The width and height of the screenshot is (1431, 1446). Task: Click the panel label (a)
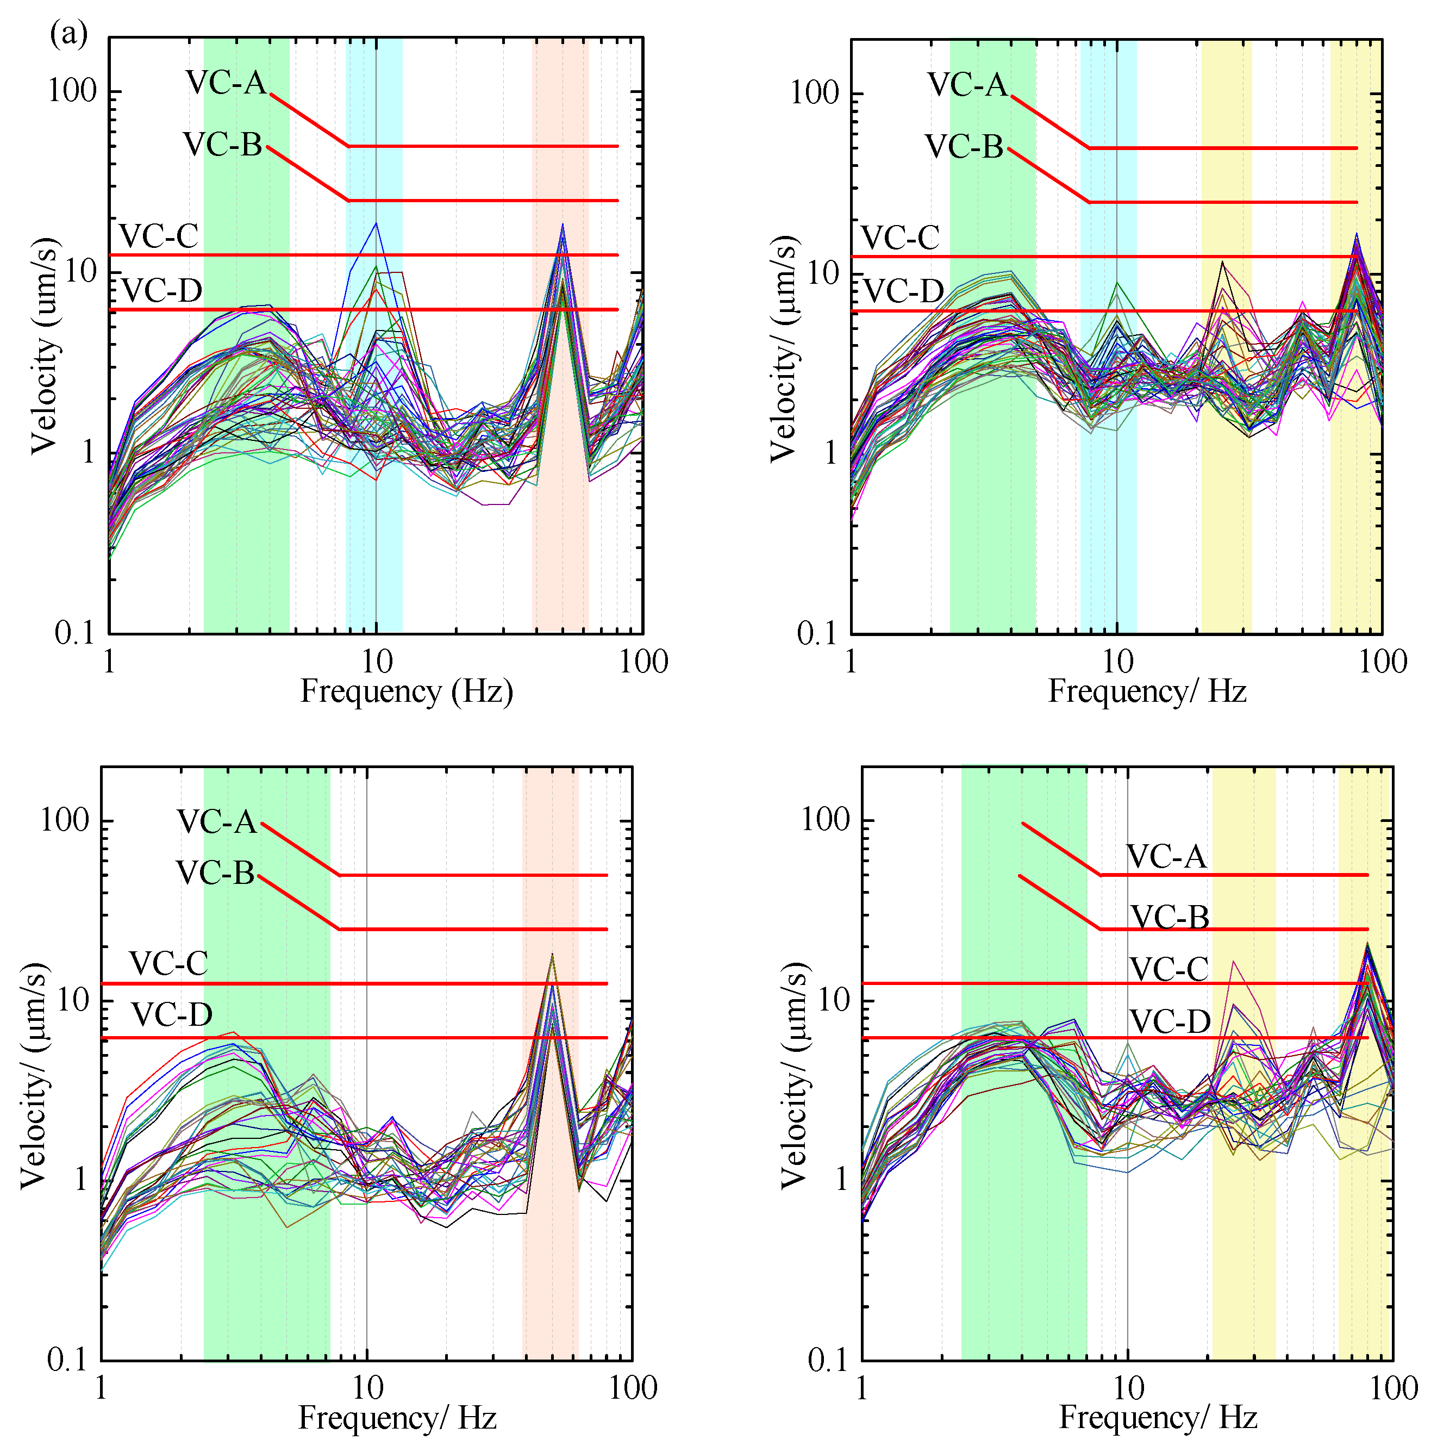tap(69, 34)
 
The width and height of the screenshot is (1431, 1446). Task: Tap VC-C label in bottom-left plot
tap(168, 963)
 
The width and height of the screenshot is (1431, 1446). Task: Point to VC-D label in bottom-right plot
tap(1169, 1021)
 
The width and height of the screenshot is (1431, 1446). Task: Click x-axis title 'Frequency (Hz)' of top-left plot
tap(407, 691)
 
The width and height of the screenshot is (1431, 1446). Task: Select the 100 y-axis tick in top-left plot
tap(73, 91)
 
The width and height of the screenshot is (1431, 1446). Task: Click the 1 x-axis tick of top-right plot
tap(851, 662)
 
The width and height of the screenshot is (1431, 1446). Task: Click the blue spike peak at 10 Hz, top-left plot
tap(377, 223)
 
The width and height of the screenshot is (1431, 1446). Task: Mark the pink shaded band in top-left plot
tap(560, 449)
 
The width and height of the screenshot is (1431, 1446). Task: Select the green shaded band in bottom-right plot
tap(1022, 1198)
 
